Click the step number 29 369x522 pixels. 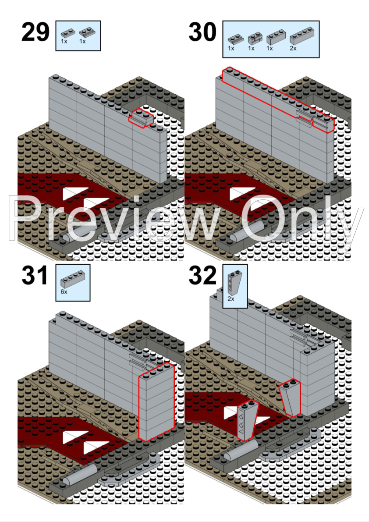point(35,32)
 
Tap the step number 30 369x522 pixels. point(202,32)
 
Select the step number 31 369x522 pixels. point(35,276)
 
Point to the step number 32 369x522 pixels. point(202,276)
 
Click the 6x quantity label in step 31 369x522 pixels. point(64,292)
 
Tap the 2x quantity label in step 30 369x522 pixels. point(293,48)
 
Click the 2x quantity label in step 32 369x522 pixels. point(231,298)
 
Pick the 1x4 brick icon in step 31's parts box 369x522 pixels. point(73,280)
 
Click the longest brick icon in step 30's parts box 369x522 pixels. point(302,36)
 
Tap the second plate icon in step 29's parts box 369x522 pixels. point(86,33)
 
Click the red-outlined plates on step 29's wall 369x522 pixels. point(142,117)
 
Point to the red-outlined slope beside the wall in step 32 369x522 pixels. point(290,398)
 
